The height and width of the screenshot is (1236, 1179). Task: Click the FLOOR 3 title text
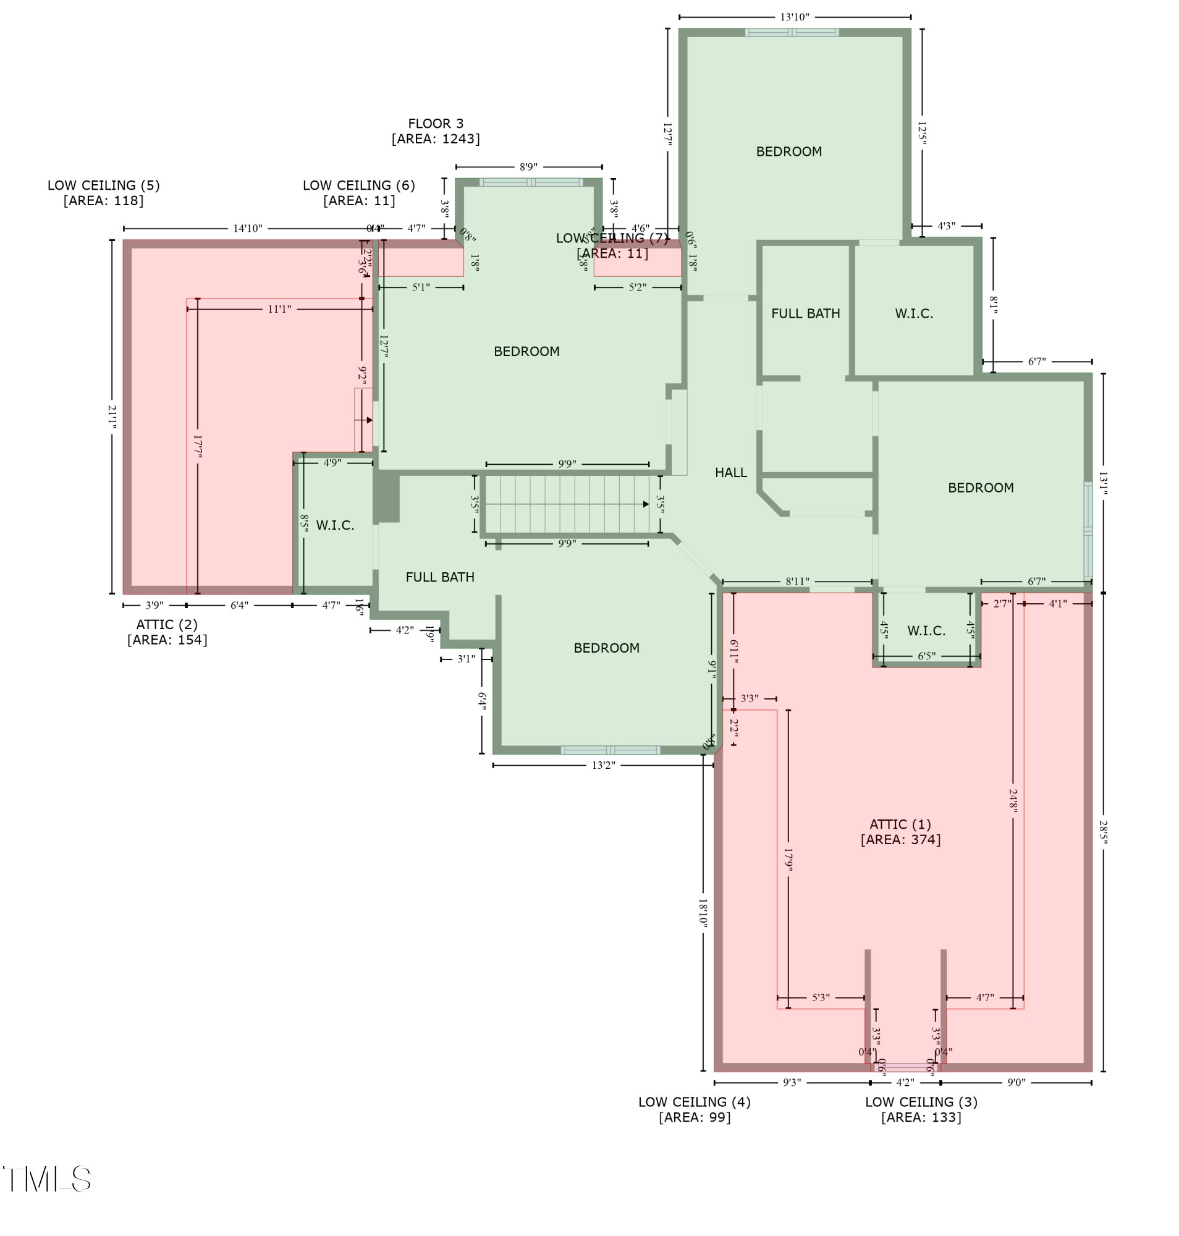(436, 124)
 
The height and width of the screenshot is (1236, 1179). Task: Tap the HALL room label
(730, 473)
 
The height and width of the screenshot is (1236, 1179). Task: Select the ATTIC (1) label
(900, 824)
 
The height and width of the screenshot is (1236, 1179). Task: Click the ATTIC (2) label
(167, 624)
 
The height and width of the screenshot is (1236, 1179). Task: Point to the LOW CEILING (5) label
(104, 185)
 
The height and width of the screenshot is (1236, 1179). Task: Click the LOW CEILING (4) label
(694, 1102)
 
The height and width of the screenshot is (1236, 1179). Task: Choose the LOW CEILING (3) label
(921, 1102)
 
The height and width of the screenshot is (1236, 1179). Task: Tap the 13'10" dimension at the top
(795, 17)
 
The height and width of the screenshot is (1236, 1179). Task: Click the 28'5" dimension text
(1103, 832)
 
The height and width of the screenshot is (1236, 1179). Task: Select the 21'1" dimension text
(112, 417)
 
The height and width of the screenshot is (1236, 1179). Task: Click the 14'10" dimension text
(248, 228)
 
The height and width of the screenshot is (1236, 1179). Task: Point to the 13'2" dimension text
(603, 765)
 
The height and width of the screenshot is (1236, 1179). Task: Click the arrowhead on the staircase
(646, 504)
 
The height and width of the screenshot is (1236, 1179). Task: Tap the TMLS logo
(47, 1179)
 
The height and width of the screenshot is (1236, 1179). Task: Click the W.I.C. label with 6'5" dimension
(926, 630)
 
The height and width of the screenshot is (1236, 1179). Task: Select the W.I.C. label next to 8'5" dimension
(335, 525)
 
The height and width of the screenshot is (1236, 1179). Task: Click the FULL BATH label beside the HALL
(805, 313)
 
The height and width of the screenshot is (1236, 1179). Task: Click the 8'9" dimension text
(528, 167)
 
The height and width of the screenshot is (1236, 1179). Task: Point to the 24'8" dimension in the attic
(1012, 801)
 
